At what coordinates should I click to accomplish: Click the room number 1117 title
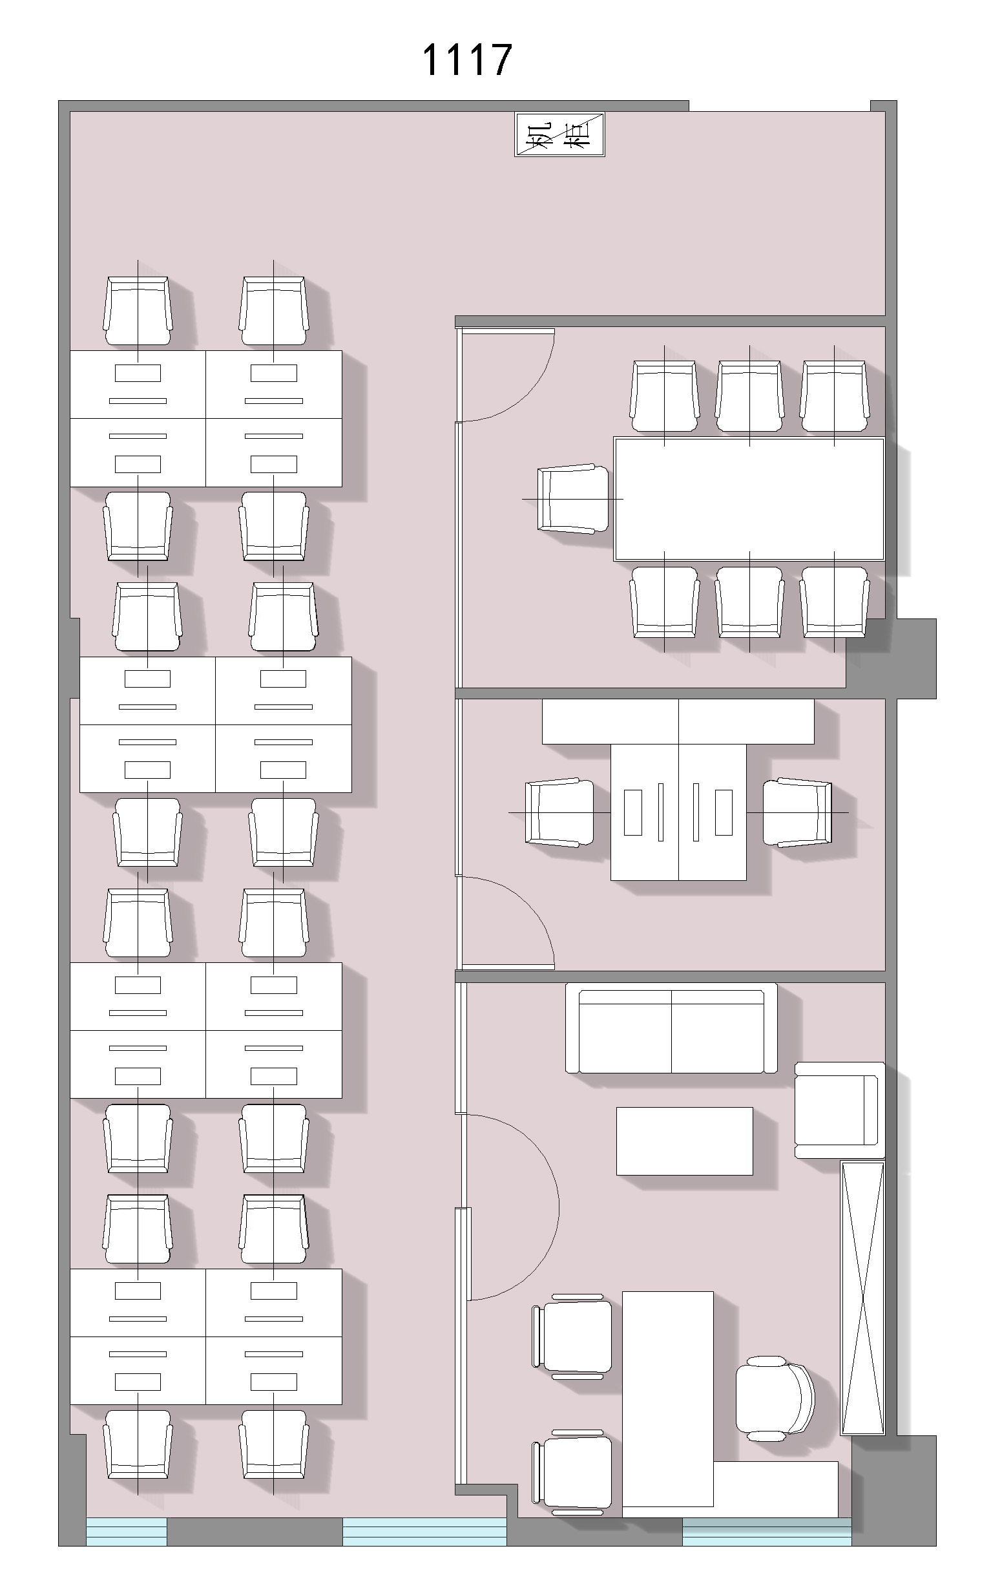[466, 60]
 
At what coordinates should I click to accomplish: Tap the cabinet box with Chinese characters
[559, 135]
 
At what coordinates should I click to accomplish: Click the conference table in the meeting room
[749, 499]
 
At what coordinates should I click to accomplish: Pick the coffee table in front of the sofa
[684, 1141]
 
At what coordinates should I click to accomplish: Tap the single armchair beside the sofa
[840, 1110]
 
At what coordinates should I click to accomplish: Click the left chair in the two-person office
[559, 812]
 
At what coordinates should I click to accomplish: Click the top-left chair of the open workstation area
[138, 311]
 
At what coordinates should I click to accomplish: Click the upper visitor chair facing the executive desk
[572, 1336]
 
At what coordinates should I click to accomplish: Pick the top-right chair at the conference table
[835, 396]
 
